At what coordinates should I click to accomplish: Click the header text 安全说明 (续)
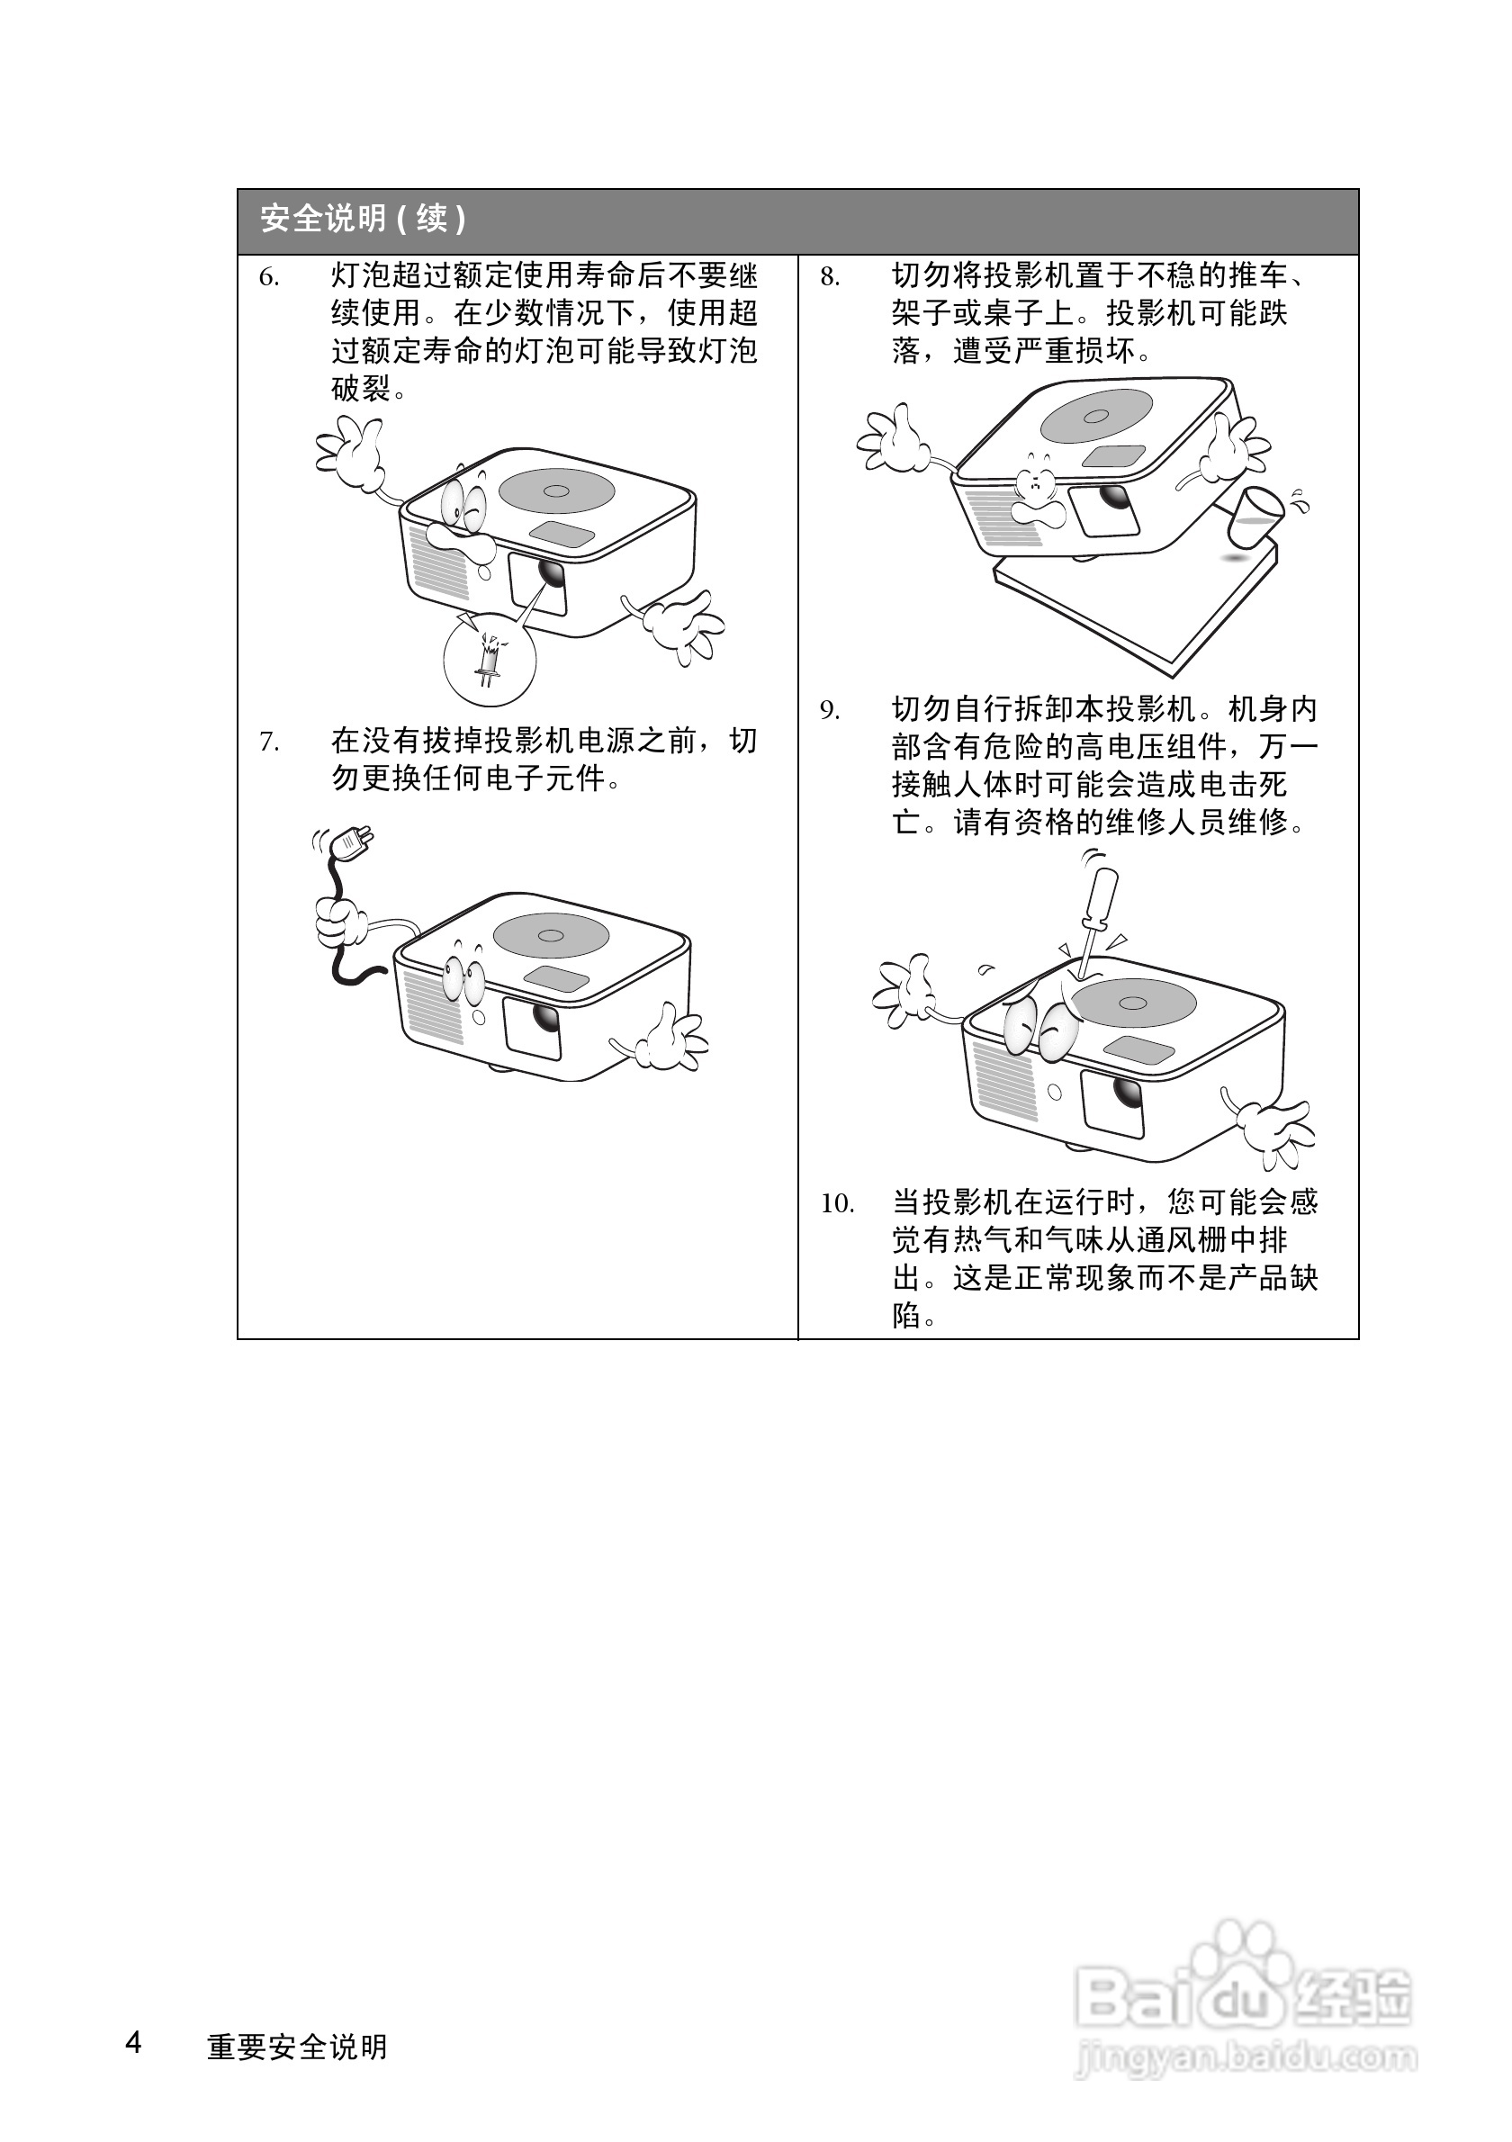[x=363, y=220]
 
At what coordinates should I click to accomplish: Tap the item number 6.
[x=268, y=277]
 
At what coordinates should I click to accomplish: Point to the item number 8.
[x=829, y=277]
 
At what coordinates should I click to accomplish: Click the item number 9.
[x=829, y=711]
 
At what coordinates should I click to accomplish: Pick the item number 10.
[x=837, y=1203]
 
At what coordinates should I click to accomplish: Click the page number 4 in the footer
[x=134, y=2041]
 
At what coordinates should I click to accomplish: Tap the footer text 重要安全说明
[x=297, y=2046]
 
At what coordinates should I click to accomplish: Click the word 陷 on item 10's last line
[x=905, y=1316]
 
